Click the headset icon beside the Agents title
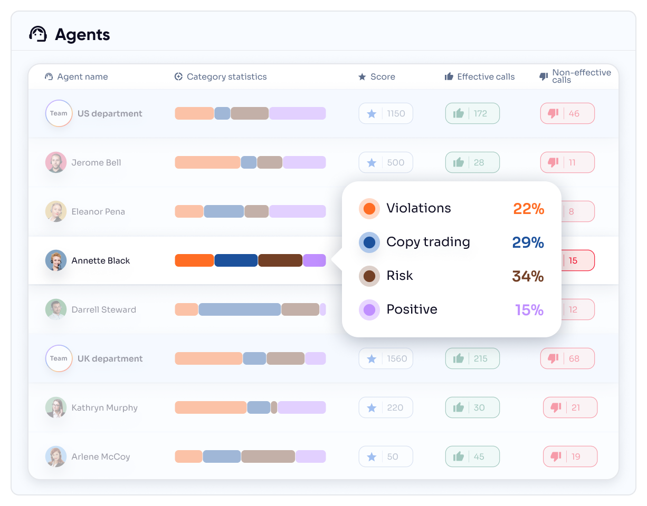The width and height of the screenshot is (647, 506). coord(38,34)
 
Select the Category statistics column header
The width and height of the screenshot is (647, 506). coord(221,77)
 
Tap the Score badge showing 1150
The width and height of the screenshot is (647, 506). coord(386,113)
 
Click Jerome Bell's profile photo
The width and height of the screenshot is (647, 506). coord(56,162)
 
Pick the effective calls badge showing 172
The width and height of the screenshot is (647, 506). coord(472,113)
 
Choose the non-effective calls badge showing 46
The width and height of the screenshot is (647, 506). coord(567,113)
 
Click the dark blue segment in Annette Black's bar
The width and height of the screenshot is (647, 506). coord(236,260)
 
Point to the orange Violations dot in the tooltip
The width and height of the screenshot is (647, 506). coord(369,209)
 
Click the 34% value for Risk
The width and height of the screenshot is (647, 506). coord(528,276)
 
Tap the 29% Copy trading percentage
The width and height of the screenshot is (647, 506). coord(528,242)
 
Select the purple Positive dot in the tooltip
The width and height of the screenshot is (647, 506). coord(369,310)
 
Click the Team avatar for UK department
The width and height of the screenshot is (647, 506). coord(59,358)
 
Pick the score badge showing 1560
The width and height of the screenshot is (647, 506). coord(386,358)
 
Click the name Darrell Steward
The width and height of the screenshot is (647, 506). coord(103,309)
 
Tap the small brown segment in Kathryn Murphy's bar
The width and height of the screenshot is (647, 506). coord(274,407)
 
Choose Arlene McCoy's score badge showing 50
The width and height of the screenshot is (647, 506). coord(386,456)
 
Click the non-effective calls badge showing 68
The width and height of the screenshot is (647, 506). coord(567,358)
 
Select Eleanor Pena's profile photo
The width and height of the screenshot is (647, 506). coord(56,211)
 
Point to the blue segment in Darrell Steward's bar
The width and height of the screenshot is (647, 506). coord(240,309)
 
